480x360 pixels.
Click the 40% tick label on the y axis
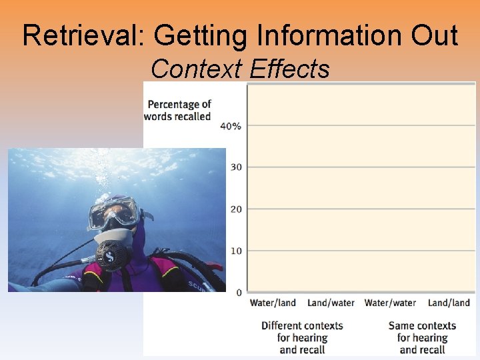(x=231, y=126)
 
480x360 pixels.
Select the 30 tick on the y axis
(x=236, y=167)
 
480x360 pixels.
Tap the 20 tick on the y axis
(x=236, y=209)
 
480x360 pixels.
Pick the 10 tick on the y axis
(x=236, y=251)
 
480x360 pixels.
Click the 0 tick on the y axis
(x=239, y=293)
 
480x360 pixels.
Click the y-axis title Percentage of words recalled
(x=178, y=110)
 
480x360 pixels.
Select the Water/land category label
(x=273, y=303)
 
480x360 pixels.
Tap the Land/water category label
(x=331, y=303)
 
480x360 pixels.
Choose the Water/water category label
(x=390, y=303)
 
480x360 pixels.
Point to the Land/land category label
(x=449, y=303)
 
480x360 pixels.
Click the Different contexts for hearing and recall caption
(x=302, y=337)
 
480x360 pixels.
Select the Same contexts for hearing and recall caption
(x=422, y=337)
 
